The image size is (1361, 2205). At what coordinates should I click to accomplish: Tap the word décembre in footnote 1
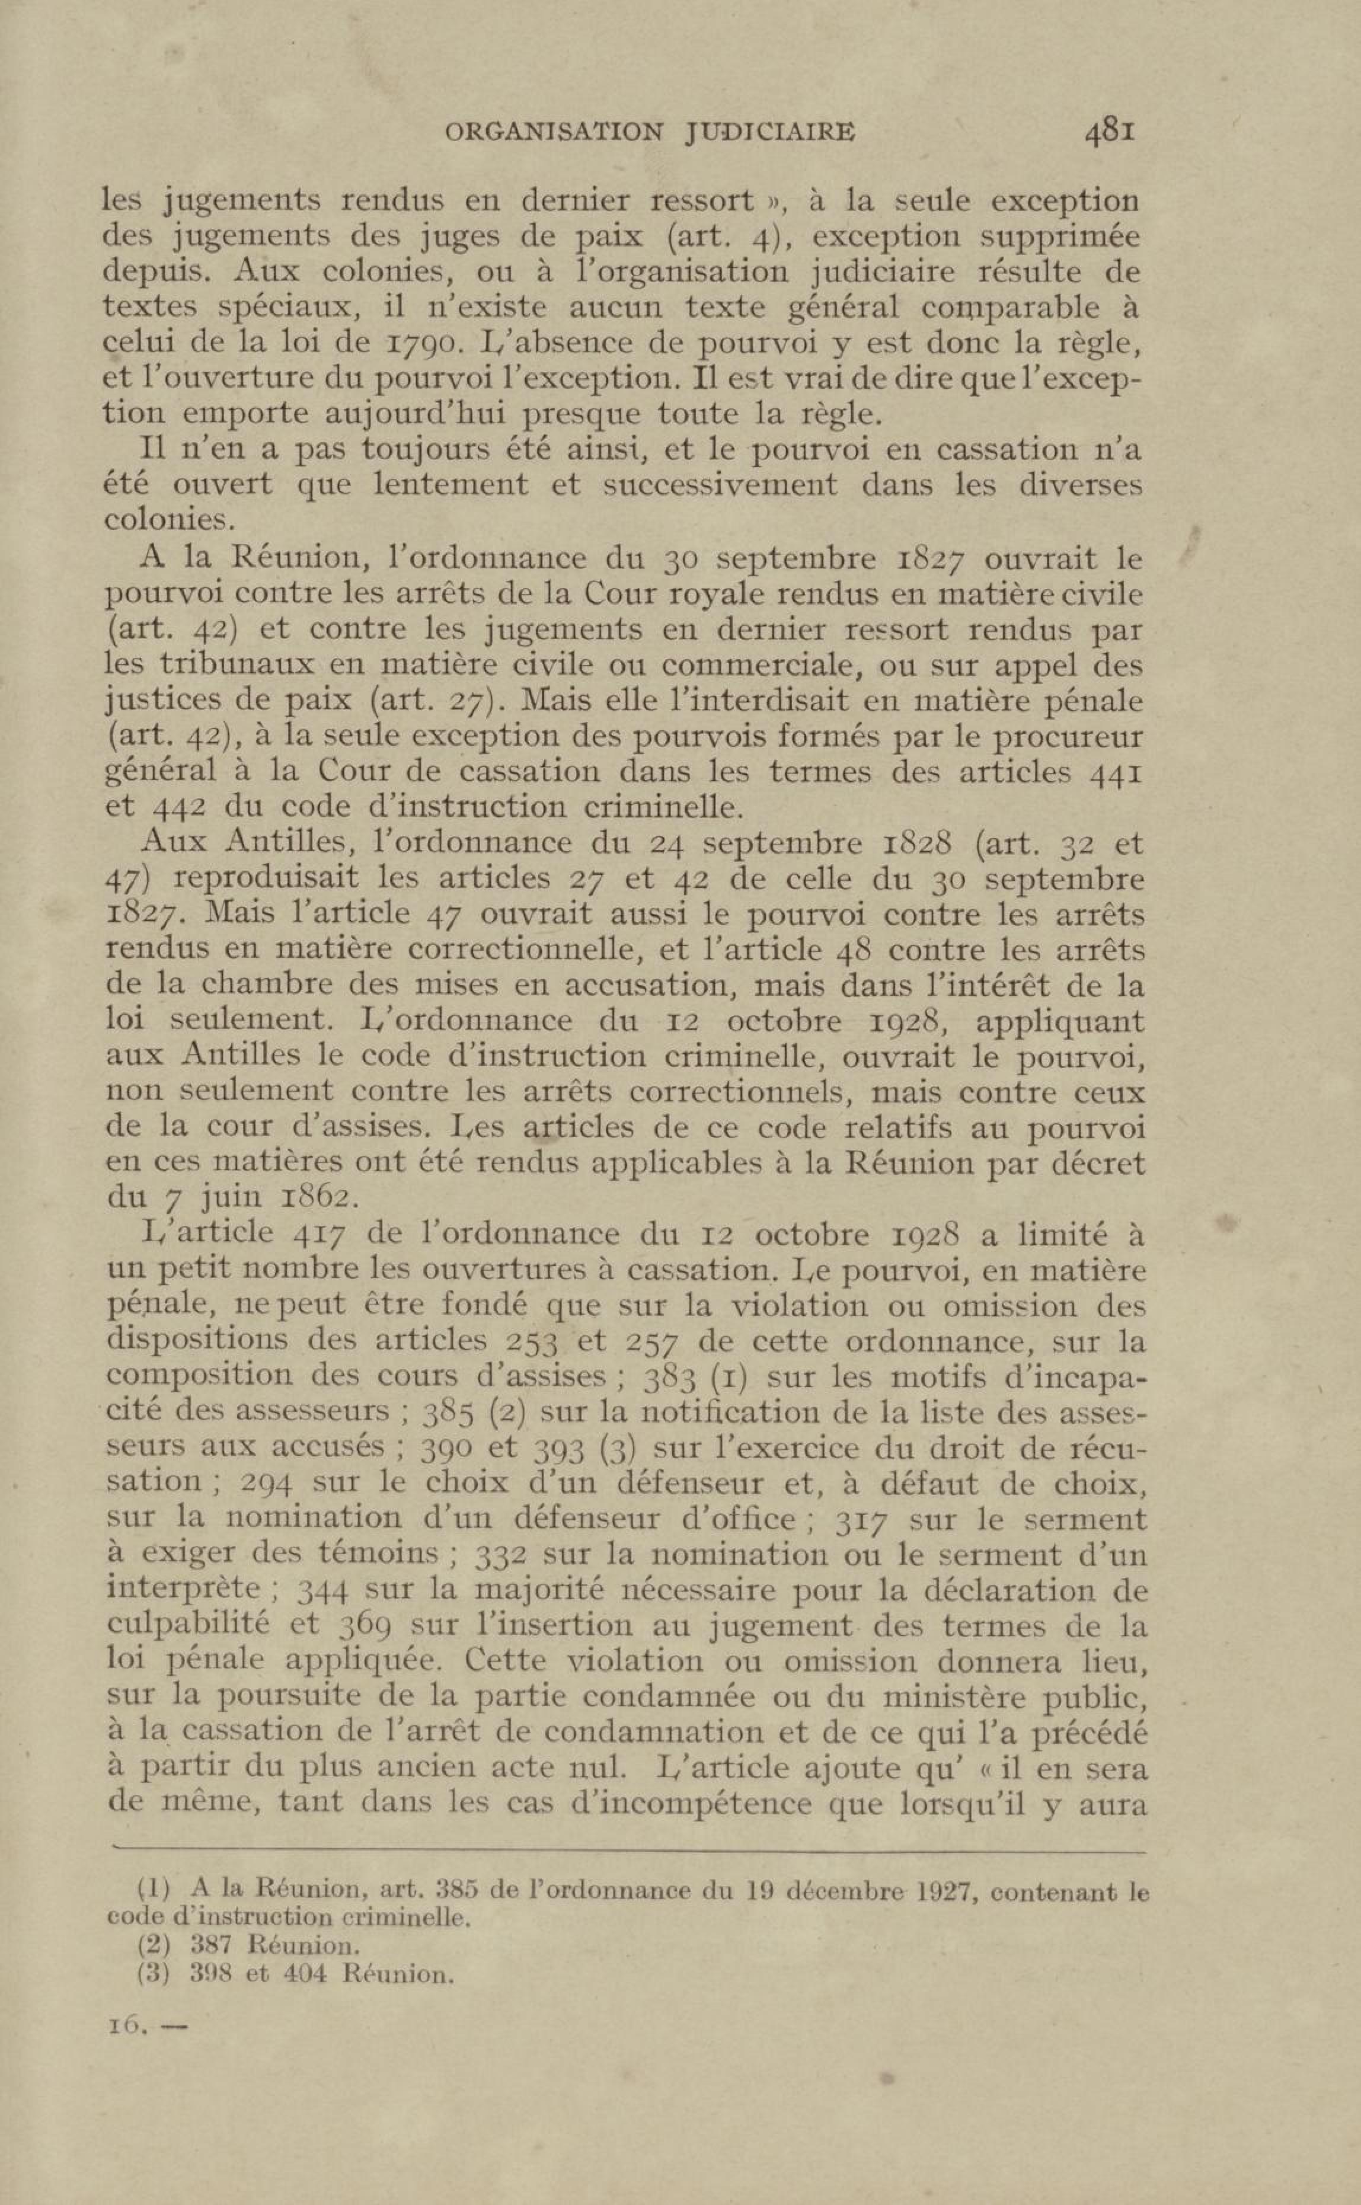click(x=842, y=1892)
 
